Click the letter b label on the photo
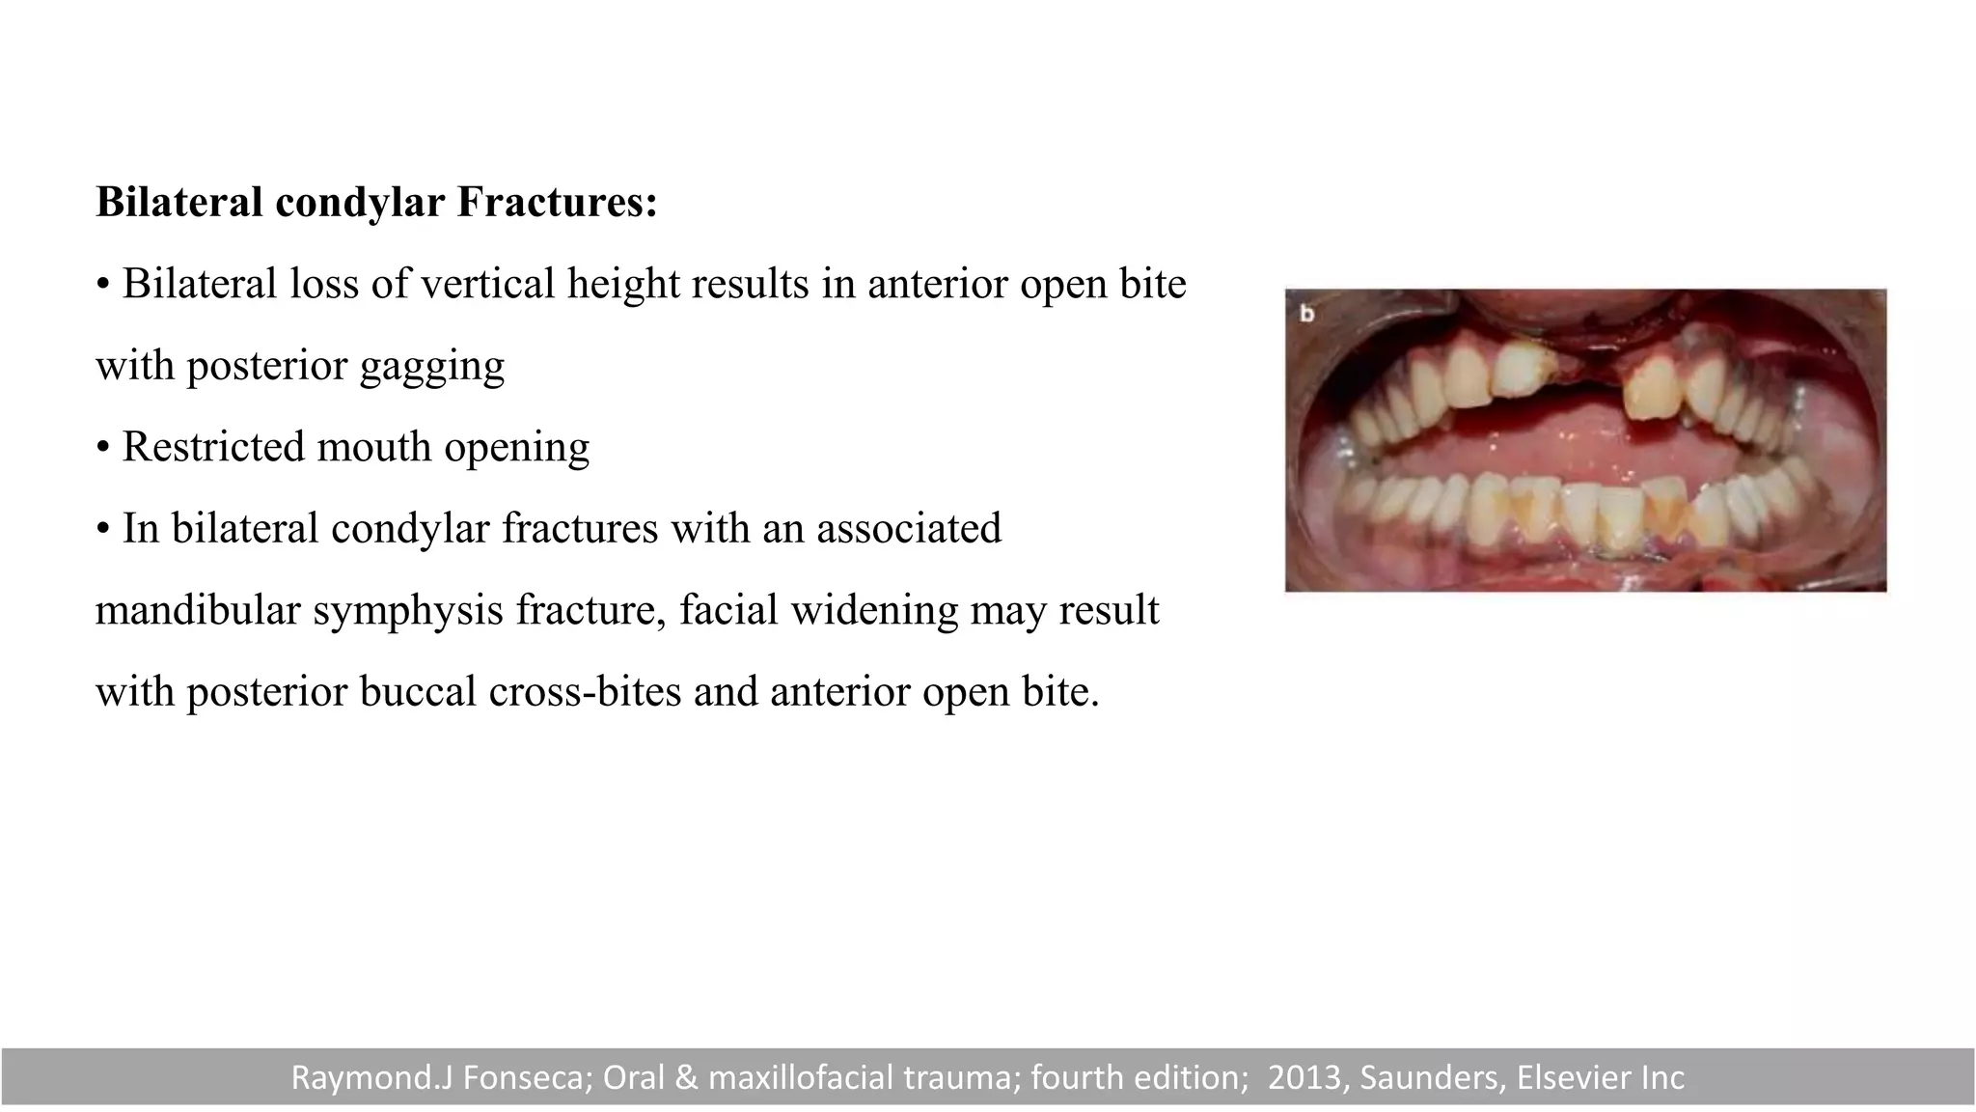click(x=1307, y=314)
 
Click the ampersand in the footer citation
click(x=686, y=1077)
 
